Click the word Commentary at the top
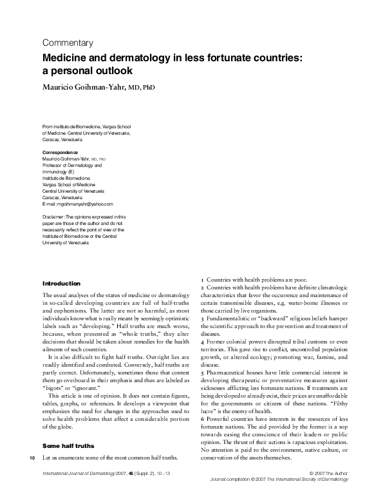pyautogui.click(x=67, y=43)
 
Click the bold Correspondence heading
pyautogui.click(x=60, y=152)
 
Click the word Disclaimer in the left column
pyautogui.click(x=53, y=217)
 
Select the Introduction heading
pyautogui.click(x=61, y=284)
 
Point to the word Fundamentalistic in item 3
pyautogui.click(x=231, y=319)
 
